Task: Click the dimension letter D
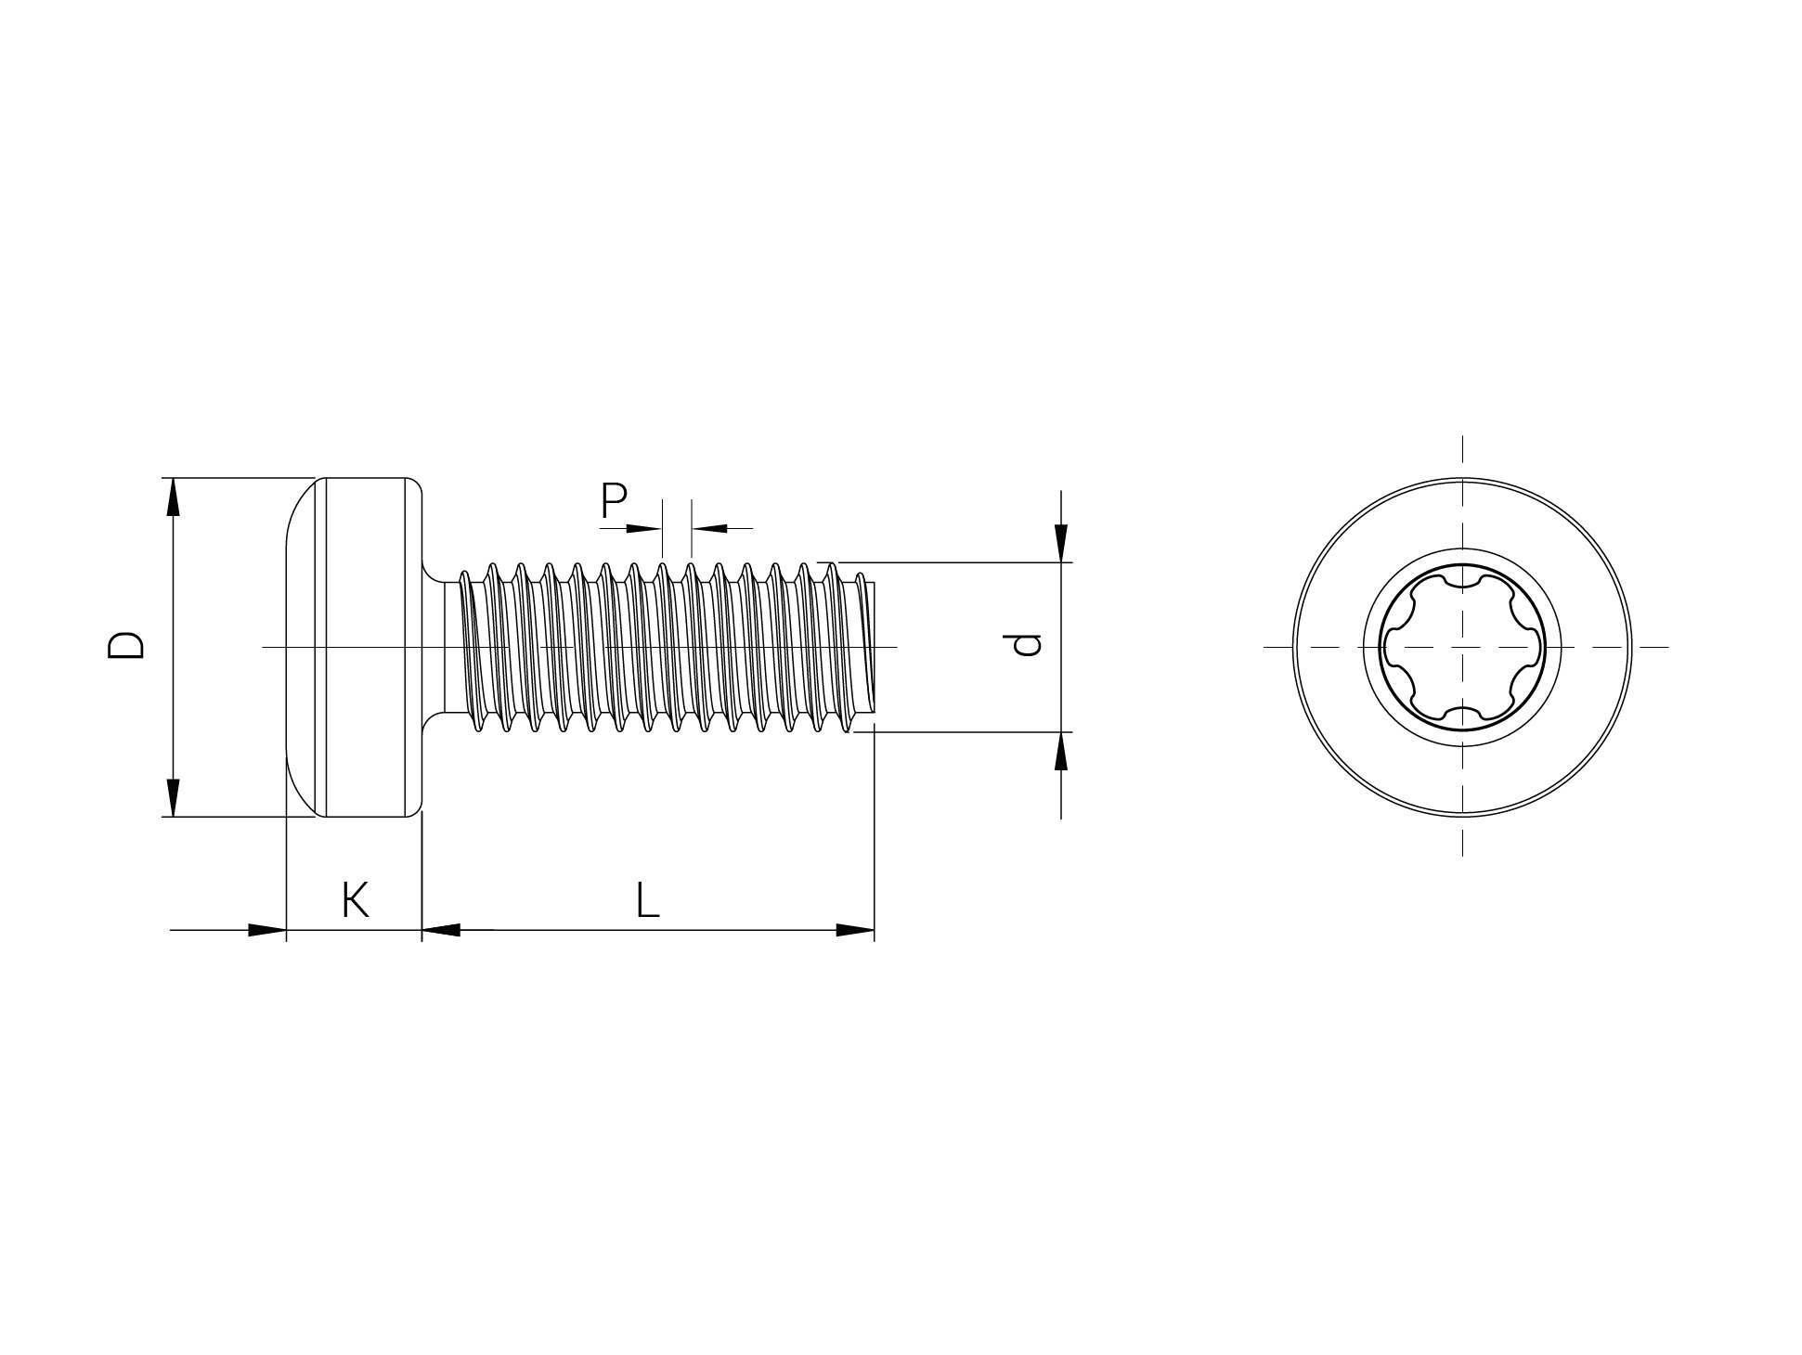tap(126, 646)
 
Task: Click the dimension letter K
tap(356, 900)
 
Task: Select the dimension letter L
tap(647, 900)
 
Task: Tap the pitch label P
tap(614, 501)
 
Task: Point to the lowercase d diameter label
tap(1026, 645)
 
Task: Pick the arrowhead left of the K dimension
tap(267, 930)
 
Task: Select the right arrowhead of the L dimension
tap(855, 930)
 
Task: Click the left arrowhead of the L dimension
tap(442, 930)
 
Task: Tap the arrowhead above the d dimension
tap(1061, 543)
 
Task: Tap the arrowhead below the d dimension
tap(1061, 751)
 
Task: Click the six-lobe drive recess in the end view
tap(1462, 646)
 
